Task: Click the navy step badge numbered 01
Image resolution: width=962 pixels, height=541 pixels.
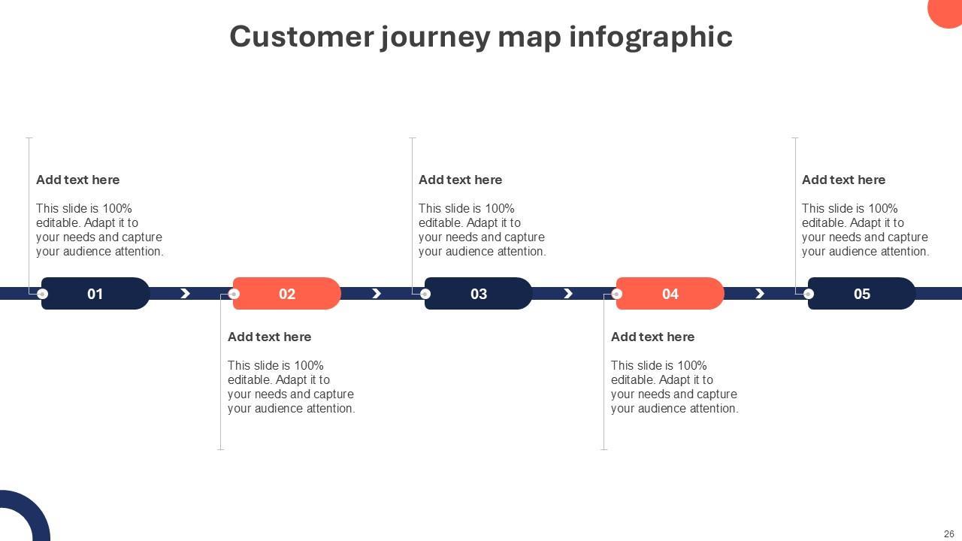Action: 95,294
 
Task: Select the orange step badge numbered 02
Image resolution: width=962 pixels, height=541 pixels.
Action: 287,294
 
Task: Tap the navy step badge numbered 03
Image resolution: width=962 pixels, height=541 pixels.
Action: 479,294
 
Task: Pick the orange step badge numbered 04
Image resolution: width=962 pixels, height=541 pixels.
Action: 670,294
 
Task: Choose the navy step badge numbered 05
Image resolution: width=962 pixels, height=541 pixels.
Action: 862,294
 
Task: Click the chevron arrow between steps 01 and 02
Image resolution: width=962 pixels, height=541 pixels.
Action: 185,294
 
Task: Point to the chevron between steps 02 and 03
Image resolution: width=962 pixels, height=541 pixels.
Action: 377,294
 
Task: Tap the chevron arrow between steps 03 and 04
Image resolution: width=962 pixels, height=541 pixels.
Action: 568,294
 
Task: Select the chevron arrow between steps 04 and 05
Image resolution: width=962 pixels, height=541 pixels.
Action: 760,294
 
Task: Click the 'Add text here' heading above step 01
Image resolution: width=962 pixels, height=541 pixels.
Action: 78,180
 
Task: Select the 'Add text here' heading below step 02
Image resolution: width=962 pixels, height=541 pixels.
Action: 270,337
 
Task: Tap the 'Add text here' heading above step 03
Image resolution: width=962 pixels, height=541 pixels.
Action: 461,180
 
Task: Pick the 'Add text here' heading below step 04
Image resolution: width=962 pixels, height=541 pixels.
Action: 653,337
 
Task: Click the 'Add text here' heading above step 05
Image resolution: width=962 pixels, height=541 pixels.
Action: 844,180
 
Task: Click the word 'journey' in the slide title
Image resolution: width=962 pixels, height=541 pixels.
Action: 434,36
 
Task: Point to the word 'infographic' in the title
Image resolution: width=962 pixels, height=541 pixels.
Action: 651,36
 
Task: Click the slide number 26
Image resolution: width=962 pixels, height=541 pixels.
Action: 948,534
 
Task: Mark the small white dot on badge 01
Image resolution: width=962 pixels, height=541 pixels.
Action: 43,294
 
